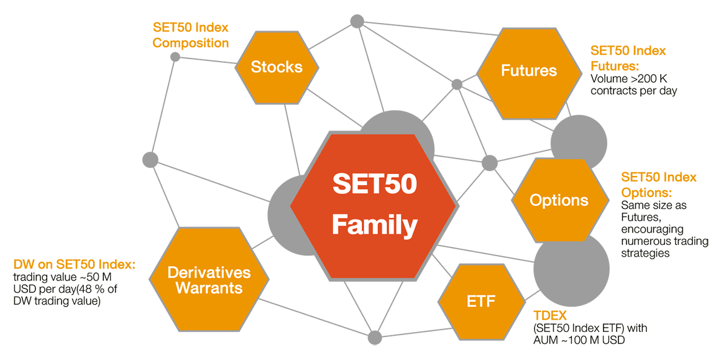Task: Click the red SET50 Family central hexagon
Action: pos(374,205)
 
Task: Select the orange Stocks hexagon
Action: pos(277,67)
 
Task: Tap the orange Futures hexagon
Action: pos(528,71)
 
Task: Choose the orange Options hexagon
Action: pos(559,200)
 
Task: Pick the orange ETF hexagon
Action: pos(481,302)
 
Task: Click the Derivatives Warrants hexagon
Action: pos(209,280)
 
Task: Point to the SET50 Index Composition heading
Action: pos(191,35)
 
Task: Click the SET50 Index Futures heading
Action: pos(628,57)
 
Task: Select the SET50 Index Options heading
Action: pos(659,184)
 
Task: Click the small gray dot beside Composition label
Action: pos(175,57)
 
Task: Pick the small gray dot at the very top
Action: pos(357,21)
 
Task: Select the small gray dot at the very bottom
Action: pos(375,338)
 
